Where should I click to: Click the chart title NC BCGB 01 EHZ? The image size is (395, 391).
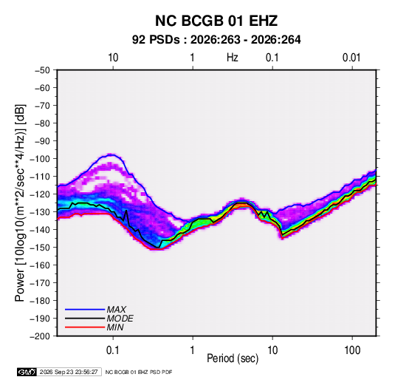point(216,21)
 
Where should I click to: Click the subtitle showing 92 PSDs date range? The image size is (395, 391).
point(216,40)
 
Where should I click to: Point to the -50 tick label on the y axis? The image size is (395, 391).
point(42,70)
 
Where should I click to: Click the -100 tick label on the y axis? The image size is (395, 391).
point(40,159)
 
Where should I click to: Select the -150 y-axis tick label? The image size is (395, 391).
point(40,248)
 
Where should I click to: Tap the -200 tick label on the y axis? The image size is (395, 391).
point(40,336)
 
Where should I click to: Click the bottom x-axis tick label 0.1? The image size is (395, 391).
point(113,350)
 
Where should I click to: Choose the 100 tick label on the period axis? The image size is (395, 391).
point(352,350)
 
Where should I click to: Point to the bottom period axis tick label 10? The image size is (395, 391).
point(272,350)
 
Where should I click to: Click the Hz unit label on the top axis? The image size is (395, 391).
point(233,58)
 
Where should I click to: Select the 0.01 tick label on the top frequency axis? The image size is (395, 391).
point(351,58)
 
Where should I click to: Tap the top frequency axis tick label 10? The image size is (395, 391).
point(113,58)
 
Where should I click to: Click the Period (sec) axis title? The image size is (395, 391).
point(233,358)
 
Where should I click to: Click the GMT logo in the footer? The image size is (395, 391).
point(27,372)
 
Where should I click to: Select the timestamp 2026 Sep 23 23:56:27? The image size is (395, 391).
point(69,372)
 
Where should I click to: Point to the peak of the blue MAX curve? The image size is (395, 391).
point(110,154)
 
